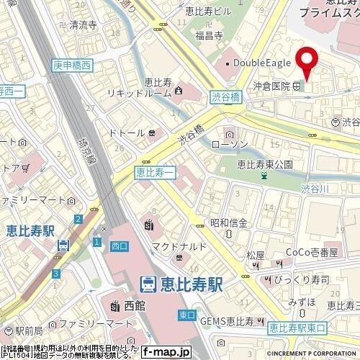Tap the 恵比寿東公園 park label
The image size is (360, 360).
266,164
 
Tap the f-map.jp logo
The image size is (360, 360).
166,352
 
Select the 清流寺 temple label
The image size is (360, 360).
85,24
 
